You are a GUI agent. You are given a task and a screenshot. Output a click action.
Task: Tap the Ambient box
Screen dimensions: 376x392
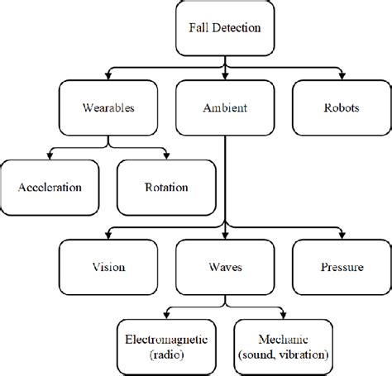tap(225, 107)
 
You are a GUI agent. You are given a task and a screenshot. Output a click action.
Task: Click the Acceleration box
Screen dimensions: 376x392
tap(49, 187)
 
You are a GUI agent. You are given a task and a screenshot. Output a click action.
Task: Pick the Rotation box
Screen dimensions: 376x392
tap(165, 187)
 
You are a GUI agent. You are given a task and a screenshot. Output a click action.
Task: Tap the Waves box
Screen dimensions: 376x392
tap(225, 268)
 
